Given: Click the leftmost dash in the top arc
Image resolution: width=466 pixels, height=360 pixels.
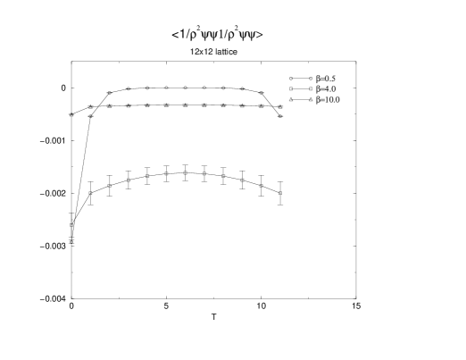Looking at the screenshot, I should (110, 104).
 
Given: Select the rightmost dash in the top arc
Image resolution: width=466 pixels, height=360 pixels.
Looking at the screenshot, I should (261, 104).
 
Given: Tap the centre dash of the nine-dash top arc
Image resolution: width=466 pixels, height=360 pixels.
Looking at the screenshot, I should (185, 88).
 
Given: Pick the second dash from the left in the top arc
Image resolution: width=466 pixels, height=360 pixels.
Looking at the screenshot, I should (129, 93).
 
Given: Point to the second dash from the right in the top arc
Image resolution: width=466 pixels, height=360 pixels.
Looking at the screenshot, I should (242, 93).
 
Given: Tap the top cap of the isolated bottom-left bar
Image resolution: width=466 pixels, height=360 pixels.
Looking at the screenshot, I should (71, 251).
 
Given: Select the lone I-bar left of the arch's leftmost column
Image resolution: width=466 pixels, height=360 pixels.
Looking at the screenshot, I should (71, 166).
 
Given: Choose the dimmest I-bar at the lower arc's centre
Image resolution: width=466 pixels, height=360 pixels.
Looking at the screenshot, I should (185, 172).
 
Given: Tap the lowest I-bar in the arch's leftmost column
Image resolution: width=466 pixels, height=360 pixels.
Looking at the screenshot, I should (90, 203).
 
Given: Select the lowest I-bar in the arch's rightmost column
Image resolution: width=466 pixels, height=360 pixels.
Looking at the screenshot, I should (280, 203).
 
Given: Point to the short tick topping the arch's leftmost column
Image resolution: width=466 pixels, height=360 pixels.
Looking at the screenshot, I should (90, 132).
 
